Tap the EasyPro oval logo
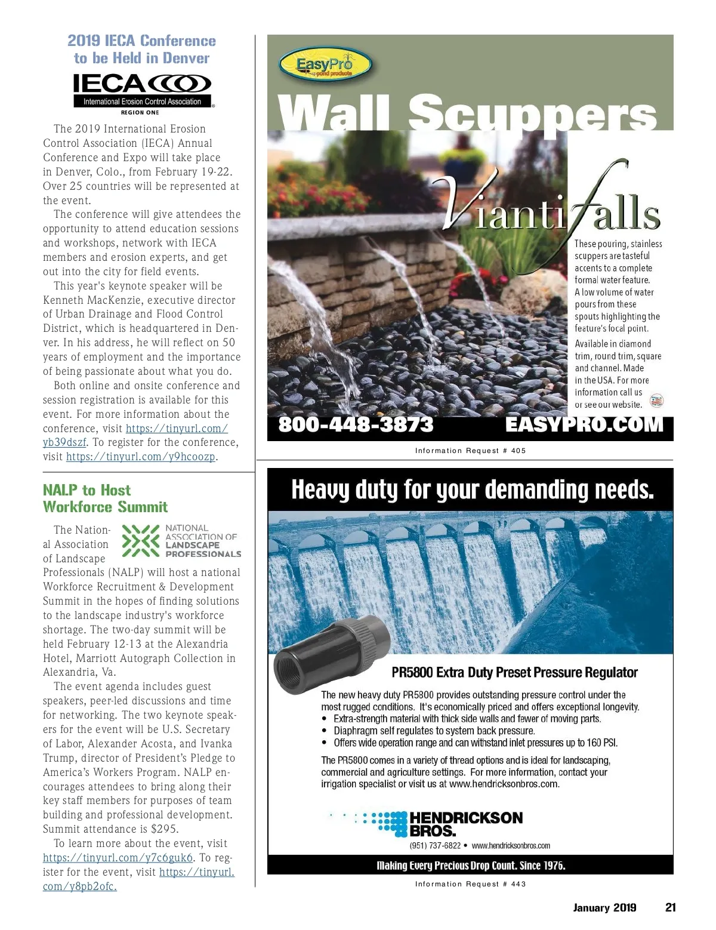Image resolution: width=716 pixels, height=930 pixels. pyautogui.click(x=325, y=65)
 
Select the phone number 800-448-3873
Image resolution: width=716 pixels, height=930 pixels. pyautogui.click(x=356, y=424)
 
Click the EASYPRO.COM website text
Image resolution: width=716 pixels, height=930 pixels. pyautogui.click(x=584, y=424)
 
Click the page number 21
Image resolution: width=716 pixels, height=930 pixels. pyautogui.click(x=671, y=907)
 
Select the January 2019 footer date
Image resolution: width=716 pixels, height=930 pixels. pyautogui.click(x=604, y=907)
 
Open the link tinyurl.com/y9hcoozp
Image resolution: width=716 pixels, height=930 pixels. pyautogui.click(x=141, y=457)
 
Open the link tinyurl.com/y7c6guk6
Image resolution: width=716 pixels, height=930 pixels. pyautogui.click(x=118, y=858)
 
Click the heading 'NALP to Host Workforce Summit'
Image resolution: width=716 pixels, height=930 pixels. pyautogui.click(x=105, y=498)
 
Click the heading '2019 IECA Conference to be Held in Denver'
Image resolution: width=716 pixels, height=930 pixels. pyautogui.click(x=142, y=50)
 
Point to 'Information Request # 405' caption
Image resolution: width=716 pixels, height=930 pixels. pyautogui.click(x=470, y=451)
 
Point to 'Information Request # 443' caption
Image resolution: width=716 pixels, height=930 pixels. pyautogui.click(x=470, y=884)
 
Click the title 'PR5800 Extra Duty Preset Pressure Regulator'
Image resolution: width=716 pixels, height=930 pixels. pyautogui.click(x=514, y=673)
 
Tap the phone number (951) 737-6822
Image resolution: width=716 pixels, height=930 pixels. pyautogui.click(x=435, y=845)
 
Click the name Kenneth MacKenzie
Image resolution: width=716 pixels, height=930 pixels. pyautogui.click(x=92, y=300)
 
